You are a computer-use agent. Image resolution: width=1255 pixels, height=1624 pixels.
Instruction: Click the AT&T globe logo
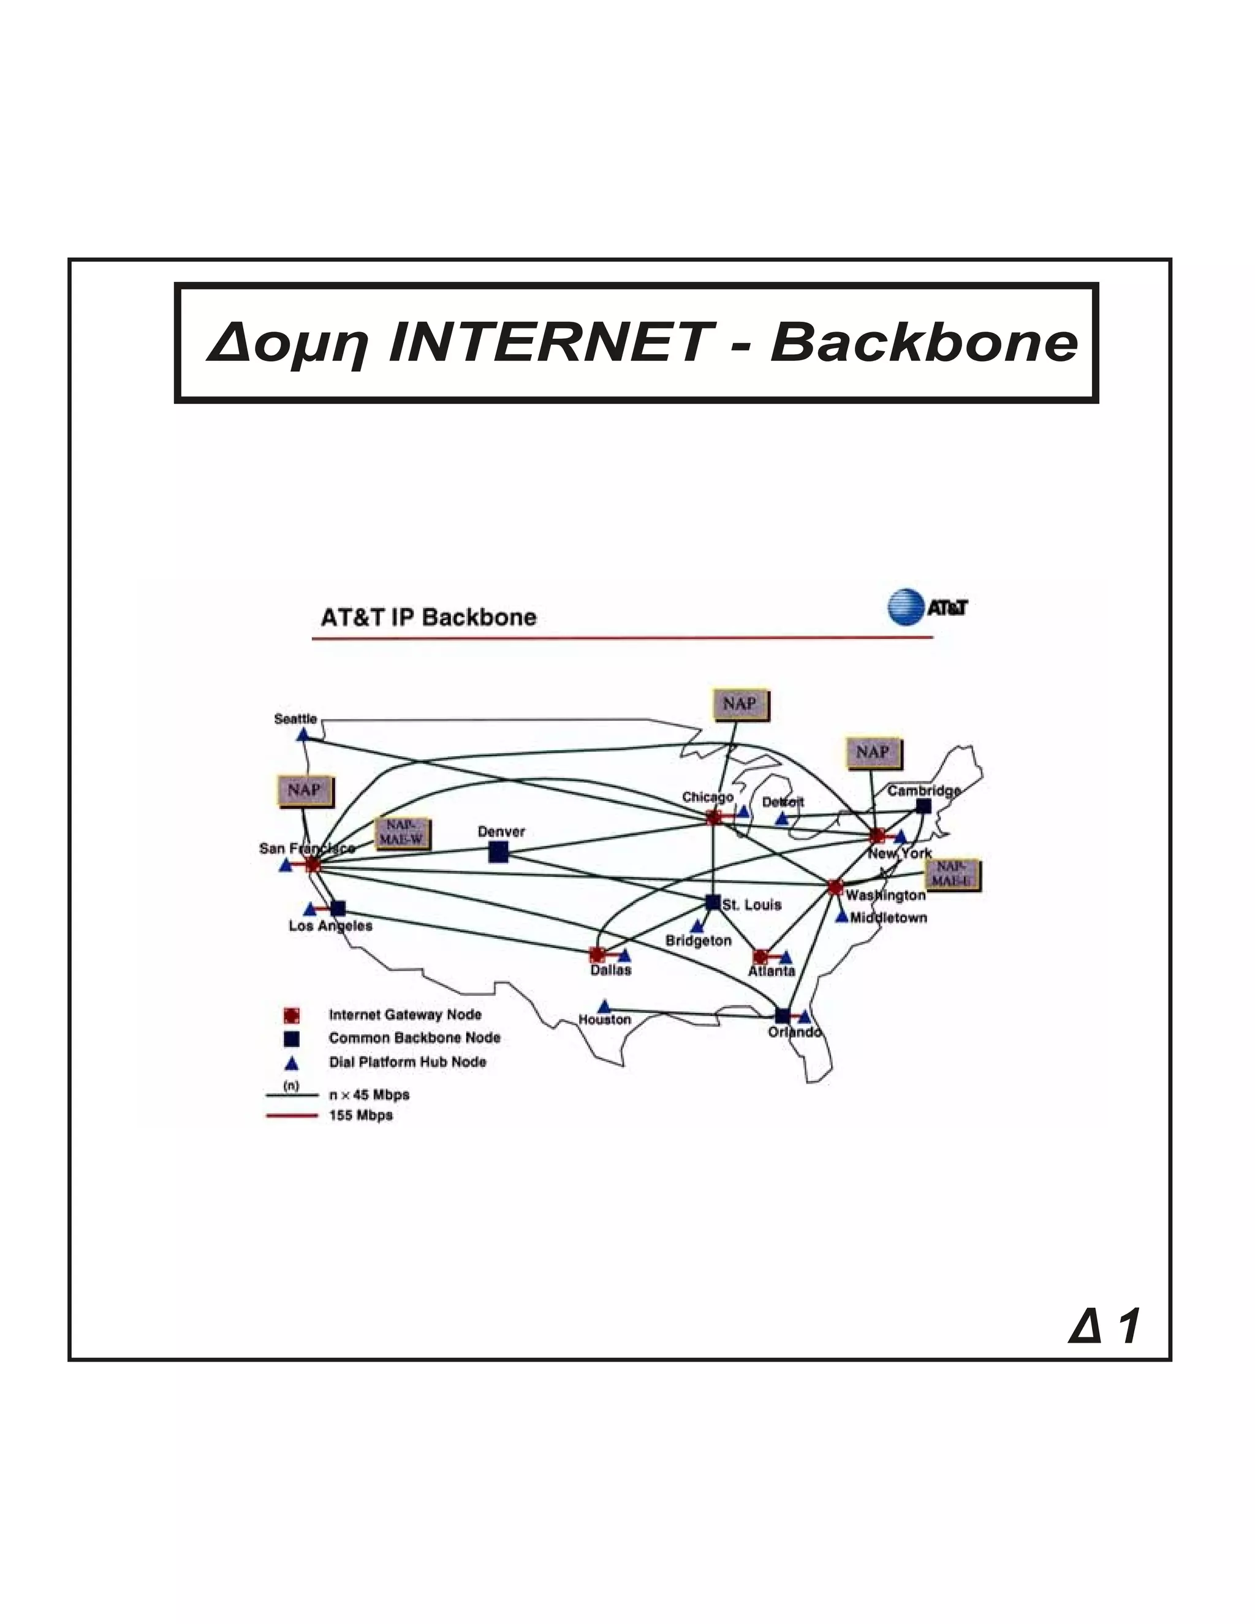(x=905, y=607)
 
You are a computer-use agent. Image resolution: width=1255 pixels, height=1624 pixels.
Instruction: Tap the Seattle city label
(x=295, y=719)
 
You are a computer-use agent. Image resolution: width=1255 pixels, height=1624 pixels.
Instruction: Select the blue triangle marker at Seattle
(x=303, y=735)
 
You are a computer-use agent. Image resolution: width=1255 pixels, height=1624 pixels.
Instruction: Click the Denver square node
(x=498, y=852)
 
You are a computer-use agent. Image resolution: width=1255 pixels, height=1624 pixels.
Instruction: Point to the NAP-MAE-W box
(x=401, y=833)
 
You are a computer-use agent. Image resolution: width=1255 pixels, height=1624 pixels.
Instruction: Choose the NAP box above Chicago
(x=740, y=704)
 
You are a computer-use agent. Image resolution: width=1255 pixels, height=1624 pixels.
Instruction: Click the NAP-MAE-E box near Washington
(x=952, y=875)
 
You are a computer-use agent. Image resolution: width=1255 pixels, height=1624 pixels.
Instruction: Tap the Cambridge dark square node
(x=923, y=806)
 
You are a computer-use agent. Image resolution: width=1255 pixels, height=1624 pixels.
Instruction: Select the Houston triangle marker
(x=604, y=1005)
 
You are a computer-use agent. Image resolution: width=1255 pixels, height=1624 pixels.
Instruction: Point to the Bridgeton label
(x=698, y=941)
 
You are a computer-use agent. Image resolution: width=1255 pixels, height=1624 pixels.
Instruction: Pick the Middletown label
(x=889, y=917)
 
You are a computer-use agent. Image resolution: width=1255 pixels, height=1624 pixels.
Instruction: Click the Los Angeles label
(x=330, y=926)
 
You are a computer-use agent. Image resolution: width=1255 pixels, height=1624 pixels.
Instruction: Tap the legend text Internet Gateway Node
(x=405, y=1015)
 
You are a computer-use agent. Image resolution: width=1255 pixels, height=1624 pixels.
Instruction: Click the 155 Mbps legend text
(x=360, y=1115)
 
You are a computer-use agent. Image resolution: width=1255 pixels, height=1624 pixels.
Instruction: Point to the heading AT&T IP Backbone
(x=428, y=617)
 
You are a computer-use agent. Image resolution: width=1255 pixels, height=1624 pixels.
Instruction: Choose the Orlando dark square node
(x=782, y=1015)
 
